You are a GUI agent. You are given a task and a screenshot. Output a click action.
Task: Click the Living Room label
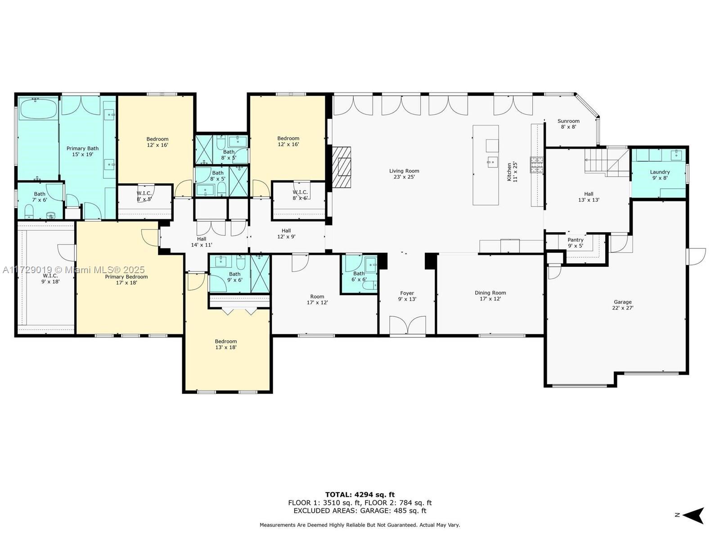pos(404,174)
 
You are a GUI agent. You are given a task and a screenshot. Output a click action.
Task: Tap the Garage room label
pos(623,305)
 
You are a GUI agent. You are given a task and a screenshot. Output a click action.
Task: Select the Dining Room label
pos(490,296)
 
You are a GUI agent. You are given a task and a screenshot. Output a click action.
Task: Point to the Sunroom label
pos(568,124)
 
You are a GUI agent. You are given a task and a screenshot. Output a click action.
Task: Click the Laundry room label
pos(660,175)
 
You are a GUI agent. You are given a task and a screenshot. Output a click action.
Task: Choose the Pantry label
pos(576,243)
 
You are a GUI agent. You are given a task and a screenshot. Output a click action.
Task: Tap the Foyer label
pos(407,296)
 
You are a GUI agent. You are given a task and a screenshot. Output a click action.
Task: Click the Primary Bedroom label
pos(126,279)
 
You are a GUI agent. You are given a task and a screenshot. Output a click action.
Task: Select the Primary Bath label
pos(82,151)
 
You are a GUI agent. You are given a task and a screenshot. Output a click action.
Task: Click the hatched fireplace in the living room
pos(342,166)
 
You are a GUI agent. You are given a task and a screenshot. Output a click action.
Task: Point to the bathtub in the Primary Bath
pos(39,108)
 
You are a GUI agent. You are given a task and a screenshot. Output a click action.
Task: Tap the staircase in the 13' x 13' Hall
pos(607,162)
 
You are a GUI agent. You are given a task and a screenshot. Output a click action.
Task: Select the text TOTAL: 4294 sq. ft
pos(360,495)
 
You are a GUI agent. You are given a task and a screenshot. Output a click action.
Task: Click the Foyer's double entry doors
pos(407,325)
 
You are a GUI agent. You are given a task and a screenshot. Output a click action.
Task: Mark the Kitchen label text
pos(512,172)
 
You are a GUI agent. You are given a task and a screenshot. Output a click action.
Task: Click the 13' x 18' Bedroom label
pos(226,344)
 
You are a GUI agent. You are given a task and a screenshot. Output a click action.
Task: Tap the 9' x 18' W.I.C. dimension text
pos(50,281)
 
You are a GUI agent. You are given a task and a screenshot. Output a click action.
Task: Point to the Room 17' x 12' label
pos(317,299)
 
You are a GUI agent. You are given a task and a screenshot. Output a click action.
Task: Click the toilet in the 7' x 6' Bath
pos(29,212)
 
